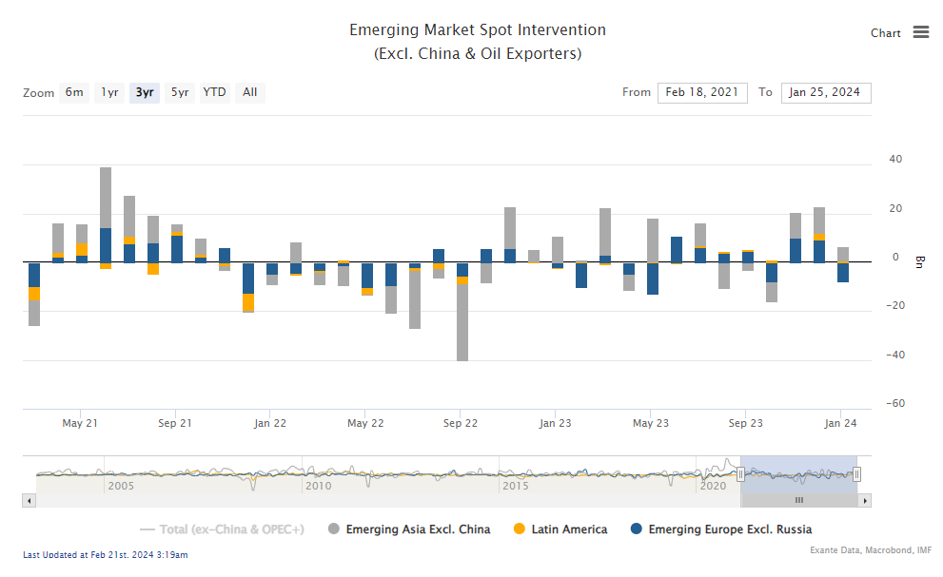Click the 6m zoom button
74,92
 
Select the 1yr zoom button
110,92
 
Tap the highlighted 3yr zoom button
145,92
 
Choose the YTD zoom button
214,92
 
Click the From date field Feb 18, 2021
701,92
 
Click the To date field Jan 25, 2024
825,92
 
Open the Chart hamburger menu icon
920,32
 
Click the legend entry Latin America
568,529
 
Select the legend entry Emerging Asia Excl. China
417,529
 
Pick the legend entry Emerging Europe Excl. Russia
729,529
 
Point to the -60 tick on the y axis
894,404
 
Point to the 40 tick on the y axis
894,159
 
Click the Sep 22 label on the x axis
461,424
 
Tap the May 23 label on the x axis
651,424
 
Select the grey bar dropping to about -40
462,323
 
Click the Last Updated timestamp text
105,554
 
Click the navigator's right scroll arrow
865,500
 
